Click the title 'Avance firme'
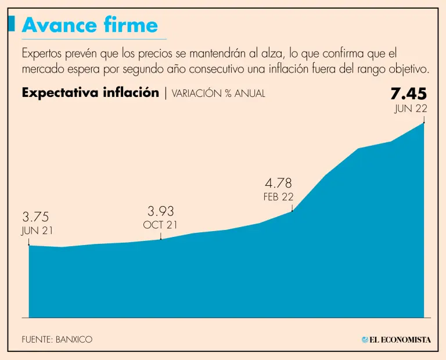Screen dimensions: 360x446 click(89, 25)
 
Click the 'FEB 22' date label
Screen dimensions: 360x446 click(279, 197)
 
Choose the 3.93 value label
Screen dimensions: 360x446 click(161, 211)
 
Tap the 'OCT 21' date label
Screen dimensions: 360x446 click(160, 225)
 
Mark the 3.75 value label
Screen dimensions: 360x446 click(36, 217)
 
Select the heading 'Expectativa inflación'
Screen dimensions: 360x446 click(90, 93)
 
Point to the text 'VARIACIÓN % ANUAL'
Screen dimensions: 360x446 click(219, 93)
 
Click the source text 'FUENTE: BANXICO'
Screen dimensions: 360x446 click(57, 340)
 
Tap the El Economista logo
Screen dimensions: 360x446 click(396, 340)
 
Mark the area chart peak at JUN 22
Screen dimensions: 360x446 click(424, 124)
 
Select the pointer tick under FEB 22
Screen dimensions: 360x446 click(292, 207)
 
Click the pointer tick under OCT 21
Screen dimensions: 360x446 click(161, 236)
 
